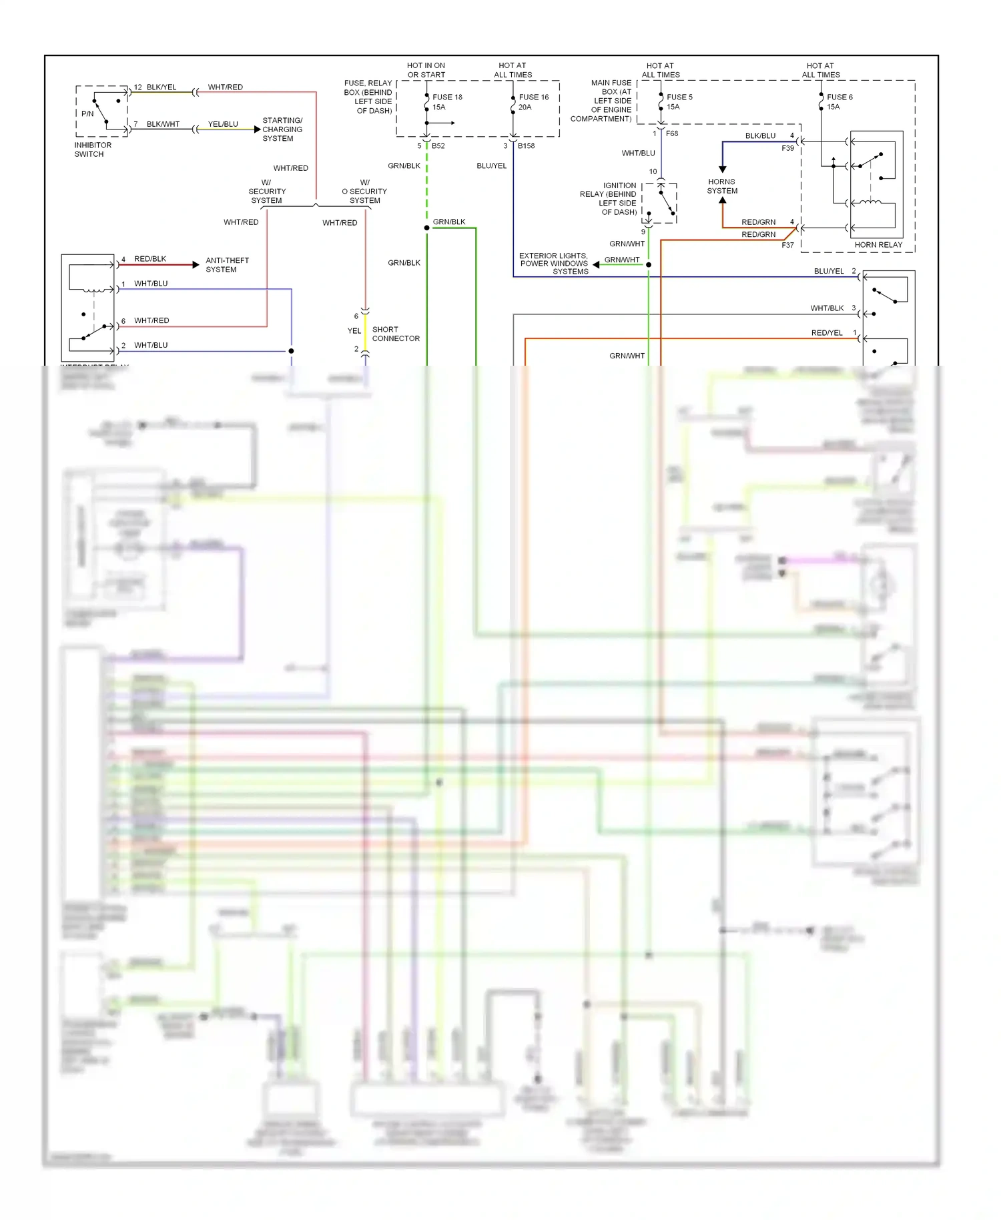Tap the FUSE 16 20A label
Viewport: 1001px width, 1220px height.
click(533, 101)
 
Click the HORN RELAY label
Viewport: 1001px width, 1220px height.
click(878, 245)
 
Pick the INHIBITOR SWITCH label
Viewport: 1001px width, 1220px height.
click(93, 149)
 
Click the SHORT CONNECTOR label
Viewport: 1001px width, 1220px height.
click(396, 334)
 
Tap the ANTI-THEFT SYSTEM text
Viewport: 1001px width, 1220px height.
click(227, 265)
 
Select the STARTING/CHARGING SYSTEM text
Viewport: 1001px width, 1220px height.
click(282, 129)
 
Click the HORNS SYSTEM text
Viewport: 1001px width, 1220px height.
click(722, 186)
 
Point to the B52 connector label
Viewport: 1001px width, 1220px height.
click(438, 145)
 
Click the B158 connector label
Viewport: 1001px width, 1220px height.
click(526, 145)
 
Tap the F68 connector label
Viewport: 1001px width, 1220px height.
click(672, 133)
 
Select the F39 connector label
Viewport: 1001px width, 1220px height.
click(788, 148)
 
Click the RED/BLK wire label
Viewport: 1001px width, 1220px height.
click(150, 259)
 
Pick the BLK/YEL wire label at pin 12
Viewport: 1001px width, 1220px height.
click(161, 87)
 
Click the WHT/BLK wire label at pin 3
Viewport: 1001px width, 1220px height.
click(827, 308)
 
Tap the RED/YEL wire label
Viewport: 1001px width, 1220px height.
click(827, 333)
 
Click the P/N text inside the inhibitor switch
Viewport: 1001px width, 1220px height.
click(87, 113)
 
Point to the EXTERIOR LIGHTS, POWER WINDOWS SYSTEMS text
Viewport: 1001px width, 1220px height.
click(554, 264)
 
